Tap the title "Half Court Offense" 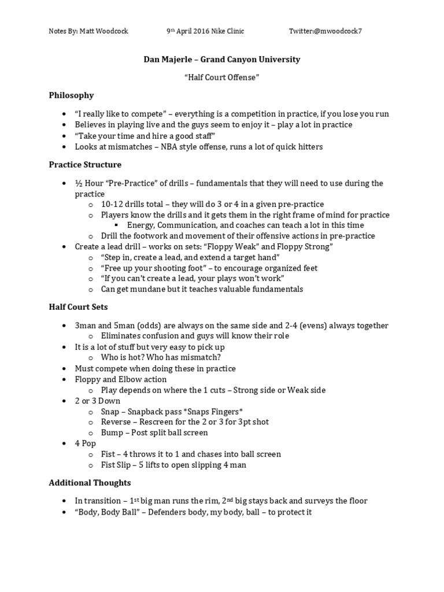pyautogui.click(x=221, y=77)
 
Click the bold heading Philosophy pyautogui.click(x=71, y=95)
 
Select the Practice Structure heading pyautogui.click(x=85, y=165)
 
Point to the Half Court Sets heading pyautogui.click(x=78, y=307)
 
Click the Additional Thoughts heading pyautogui.click(x=90, y=483)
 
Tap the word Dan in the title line pyautogui.click(x=151, y=60)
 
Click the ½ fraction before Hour pyautogui.click(x=79, y=183)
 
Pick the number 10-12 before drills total pyautogui.click(x=113, y=204)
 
